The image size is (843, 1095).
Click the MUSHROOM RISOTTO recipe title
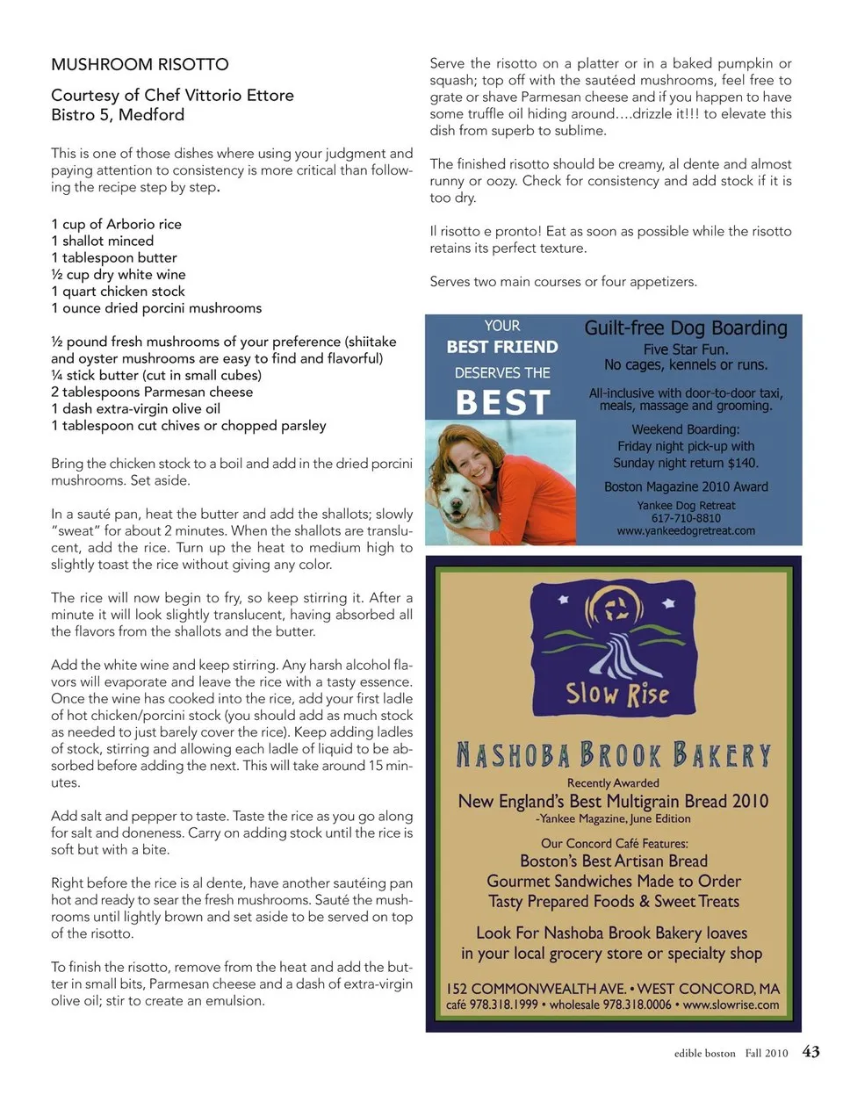(x=140, y=64)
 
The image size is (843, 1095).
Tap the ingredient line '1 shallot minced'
(x=102, y=241)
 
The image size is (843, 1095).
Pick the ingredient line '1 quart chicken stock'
(x=118, y=291)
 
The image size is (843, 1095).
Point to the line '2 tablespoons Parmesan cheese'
(x=152, y=392)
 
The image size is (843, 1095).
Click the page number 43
(x=811, y=1052)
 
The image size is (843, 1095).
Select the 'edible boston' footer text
(x=704, y=1054)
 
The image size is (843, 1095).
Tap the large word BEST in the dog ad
(x=502, y=402)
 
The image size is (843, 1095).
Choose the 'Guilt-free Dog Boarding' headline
(x=686, y=328)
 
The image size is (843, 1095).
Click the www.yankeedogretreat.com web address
(x=686, y=530)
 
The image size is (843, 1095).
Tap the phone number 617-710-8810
(x=686, y=518)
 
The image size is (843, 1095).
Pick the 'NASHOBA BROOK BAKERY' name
(x=613, y=754)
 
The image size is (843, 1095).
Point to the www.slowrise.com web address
(x=731, y=1005)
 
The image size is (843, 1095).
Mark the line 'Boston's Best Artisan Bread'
(x=613, y=861)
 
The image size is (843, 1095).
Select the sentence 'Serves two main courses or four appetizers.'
(x=563, y=282)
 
